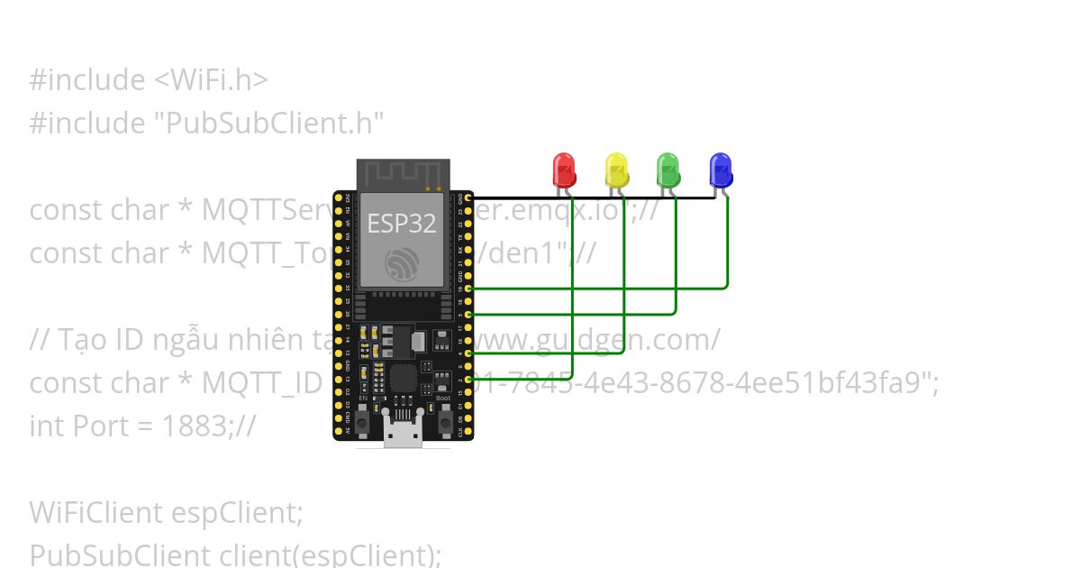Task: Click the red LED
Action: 564,169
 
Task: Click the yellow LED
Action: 616,169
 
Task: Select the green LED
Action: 668,169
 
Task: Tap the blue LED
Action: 720,169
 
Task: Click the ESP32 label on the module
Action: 402,224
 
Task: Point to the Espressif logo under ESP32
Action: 402,263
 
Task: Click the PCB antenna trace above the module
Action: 403,175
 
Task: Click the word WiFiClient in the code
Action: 95,512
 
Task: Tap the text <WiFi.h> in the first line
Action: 211,79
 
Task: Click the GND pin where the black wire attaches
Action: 468,197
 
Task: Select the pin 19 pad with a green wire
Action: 468,288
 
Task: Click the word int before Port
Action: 44,426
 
